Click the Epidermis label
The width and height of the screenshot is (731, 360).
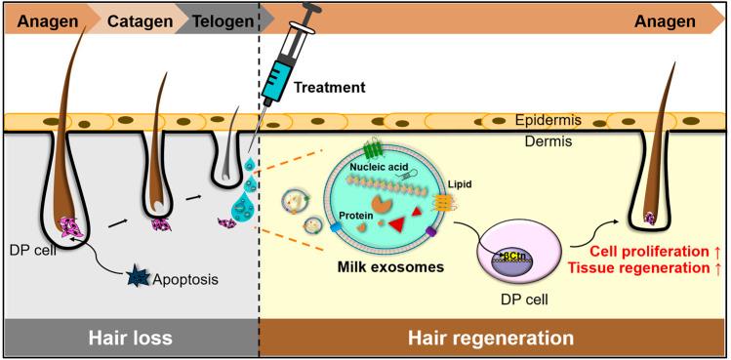(x=548, y=120)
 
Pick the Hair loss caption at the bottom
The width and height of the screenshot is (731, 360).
(x=130, y=339)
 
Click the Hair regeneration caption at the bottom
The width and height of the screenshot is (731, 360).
(x=491, y=339)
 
